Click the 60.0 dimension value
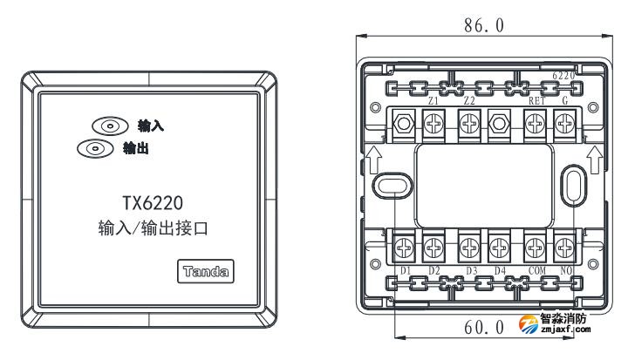pos(483,328)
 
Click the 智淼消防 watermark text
pos(562,319)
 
